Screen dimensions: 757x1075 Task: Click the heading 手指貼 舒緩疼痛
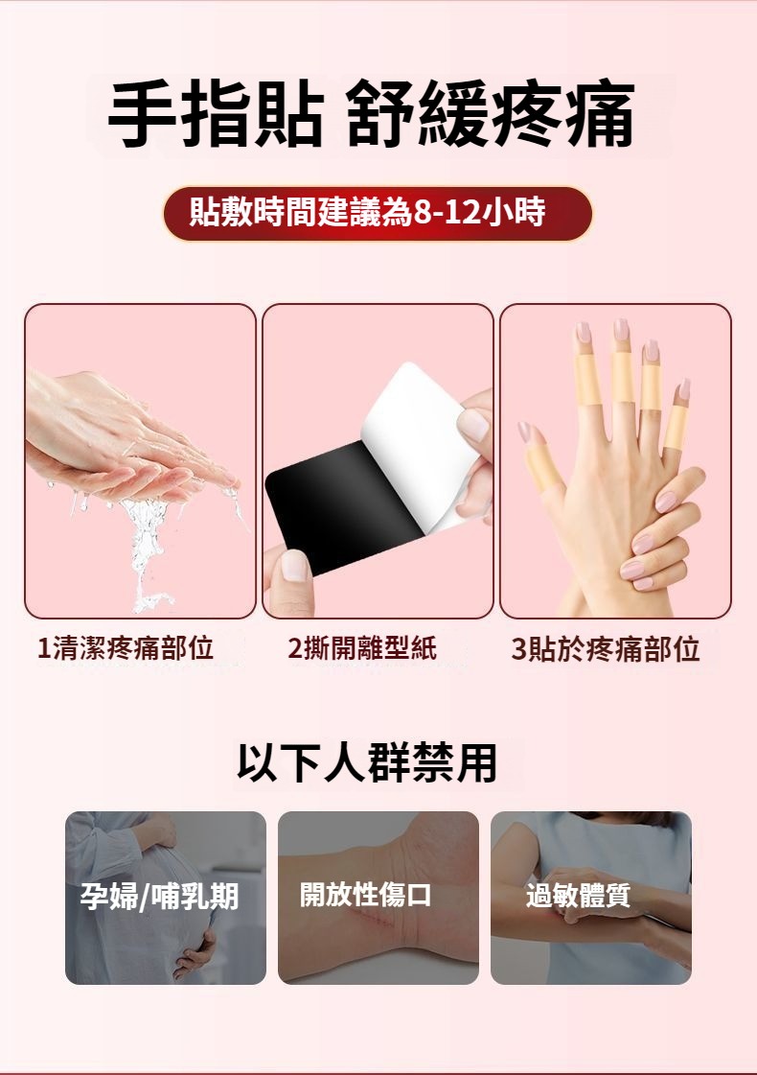coord(371,114)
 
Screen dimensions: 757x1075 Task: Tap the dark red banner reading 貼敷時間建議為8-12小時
coord(378,213)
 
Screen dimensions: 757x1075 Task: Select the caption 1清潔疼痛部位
coord(126,647)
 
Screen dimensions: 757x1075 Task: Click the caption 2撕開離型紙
coord(362,647)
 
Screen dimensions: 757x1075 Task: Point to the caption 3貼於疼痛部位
coord(606,648)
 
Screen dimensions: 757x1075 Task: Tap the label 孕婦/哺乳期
coord(160,896)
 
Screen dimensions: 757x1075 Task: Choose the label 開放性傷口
coord(365,894)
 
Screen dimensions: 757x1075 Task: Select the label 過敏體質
coord(578,895)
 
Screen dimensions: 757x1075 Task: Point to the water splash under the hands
coord(148,549)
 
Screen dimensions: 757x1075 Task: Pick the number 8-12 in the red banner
coord(448,213)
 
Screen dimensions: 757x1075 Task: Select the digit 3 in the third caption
coord(518,649)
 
